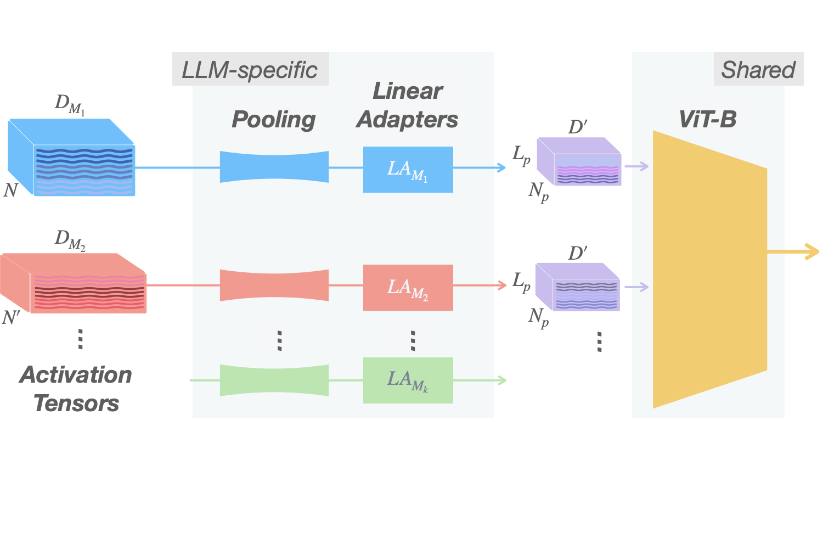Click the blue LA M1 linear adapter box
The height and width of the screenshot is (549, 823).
pos(408,170)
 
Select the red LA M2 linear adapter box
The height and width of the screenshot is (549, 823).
pos(408,288)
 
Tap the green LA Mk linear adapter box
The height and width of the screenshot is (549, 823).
pos(408,380)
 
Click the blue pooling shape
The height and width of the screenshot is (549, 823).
pos(274,167)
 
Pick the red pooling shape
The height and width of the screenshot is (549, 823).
pos(274,285)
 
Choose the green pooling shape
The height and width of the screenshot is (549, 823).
pos(274,380)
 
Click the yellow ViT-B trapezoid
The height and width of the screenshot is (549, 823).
pos(709,269)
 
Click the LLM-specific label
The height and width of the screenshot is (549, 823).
pos(250,70)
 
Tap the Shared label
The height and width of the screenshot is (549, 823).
pos(758,70)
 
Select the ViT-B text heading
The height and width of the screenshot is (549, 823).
pos(708,119)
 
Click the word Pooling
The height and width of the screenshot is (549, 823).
pos(274,120)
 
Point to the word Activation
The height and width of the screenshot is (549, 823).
pos(76,375)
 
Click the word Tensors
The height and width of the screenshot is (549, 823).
pos(76,404)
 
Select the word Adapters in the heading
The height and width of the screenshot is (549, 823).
pos(407,120)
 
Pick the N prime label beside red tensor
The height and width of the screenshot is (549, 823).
pos(11,317)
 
